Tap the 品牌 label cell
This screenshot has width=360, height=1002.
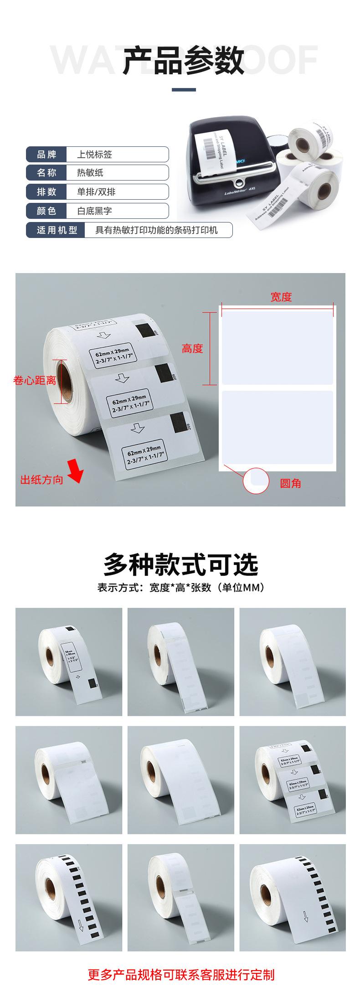(46, 155)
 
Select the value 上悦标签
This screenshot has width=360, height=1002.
(94, 155)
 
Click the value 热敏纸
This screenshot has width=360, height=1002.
(90, 173)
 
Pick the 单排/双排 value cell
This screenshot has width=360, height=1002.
(96, 192)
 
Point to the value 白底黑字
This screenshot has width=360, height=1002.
(94, 211)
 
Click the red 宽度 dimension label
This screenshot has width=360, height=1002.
(281, 297)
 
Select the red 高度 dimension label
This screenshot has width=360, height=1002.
(192, 349)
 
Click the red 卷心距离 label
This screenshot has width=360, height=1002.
(35, 380)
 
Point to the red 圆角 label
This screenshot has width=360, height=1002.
(290, 483)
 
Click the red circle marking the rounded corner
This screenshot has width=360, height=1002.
(256, 481)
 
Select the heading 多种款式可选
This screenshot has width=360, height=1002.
(180, 565)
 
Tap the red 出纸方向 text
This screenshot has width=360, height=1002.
(41, 480)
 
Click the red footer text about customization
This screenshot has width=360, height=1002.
(180, 975)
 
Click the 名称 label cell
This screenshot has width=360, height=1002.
(46, 173)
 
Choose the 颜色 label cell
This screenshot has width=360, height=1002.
(46, 211)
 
